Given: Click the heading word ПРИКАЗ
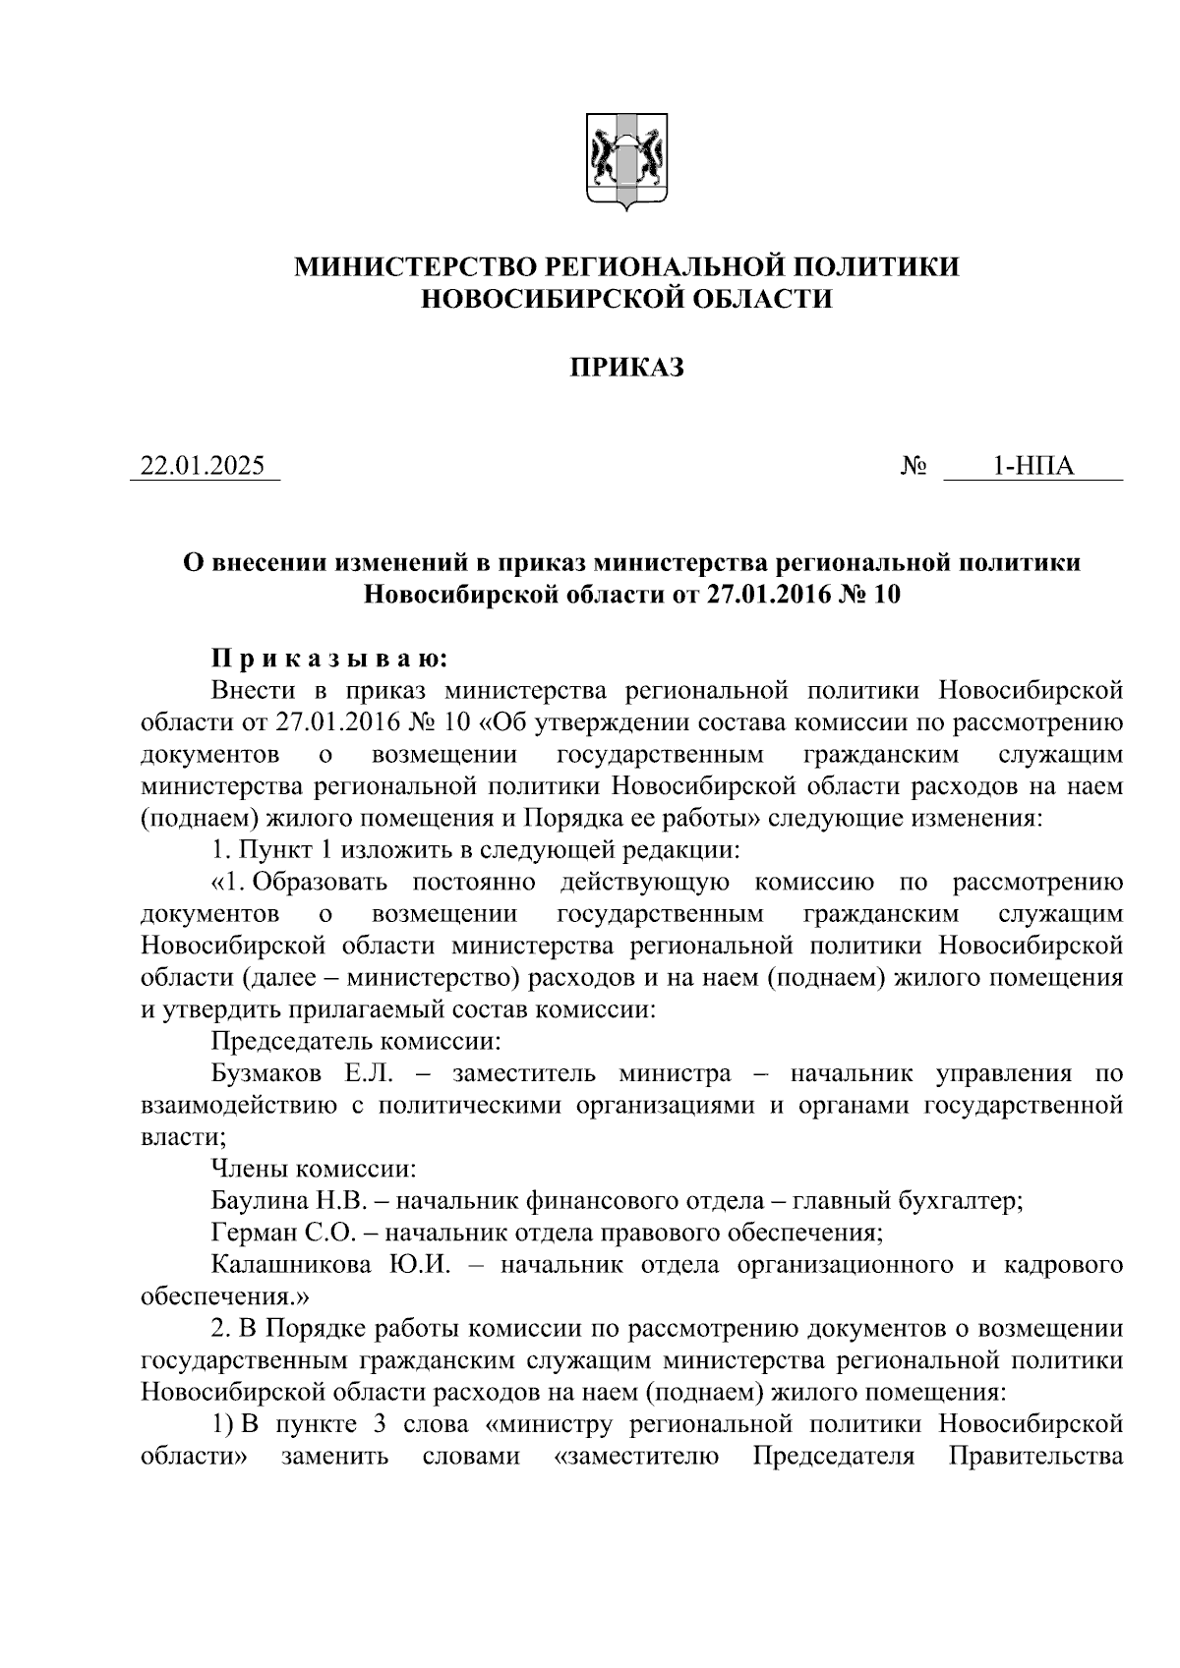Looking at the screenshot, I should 627,368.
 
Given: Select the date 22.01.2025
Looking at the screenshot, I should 204,466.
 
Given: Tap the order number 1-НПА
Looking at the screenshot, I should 1032,466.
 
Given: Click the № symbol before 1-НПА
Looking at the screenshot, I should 914,466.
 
